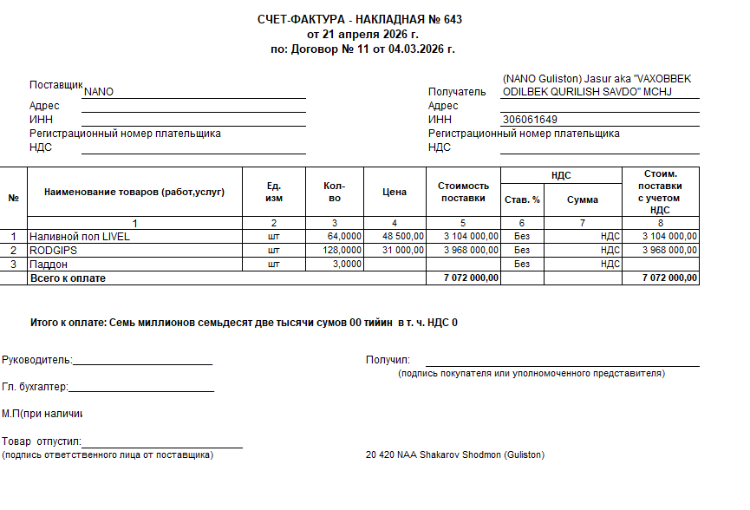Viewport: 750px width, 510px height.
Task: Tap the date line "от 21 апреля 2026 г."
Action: click(x=362, y=34)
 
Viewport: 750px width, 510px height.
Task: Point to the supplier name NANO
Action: click(x=99, y=91)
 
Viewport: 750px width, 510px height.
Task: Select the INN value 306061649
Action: click(x=530, y=120)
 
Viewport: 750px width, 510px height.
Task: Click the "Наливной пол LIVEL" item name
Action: click(x=79, y=236)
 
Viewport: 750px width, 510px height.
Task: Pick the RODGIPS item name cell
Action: click(x=55, y=250)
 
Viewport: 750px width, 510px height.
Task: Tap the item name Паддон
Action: click(x=49, y=264)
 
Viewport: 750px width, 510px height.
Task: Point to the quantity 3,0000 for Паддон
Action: click(x=347, y=264)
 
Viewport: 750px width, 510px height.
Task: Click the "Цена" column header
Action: click(x=395, y=192)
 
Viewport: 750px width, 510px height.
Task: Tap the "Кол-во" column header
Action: click(x=334, y=192)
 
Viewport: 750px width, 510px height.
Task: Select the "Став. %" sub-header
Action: click(x=522, y=199)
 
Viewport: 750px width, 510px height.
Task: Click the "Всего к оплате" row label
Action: click(x=68, y=278)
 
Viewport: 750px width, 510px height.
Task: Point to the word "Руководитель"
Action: click(x=36, y=360)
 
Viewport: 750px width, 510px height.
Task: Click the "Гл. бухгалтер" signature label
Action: click(x=35, y=387)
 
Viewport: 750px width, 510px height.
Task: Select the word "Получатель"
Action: click(x=457, y=91)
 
